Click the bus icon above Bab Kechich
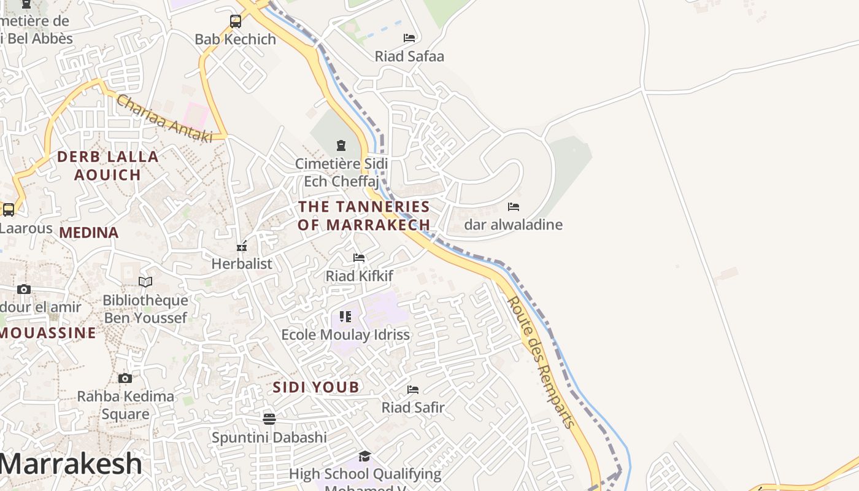click(236, 21)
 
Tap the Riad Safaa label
click(409, 56)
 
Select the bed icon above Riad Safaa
click(409, 38)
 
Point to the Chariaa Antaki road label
click(164, 119)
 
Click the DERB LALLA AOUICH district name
click(108, 166)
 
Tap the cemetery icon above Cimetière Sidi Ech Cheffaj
click(341, 145)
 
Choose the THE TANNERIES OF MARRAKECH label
click(364, 215)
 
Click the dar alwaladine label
click(513, 225)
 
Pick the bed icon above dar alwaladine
click(514, 207)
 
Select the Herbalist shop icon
click(242, 246)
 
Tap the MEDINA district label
click(89, 233)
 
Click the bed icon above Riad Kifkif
click(359, 258)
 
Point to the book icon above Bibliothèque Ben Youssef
click(145, 282)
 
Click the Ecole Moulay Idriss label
click(345, 335)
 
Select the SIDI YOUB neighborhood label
click(316, 387)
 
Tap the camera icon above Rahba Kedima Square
click(125, 378)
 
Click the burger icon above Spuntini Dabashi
click(269, 419)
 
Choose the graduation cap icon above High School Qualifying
click(365, 456)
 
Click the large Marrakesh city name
click(71, 463)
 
